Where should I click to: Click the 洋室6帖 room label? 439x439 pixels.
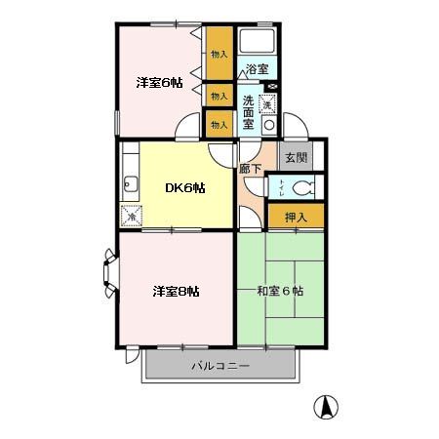click(x=159, y=83)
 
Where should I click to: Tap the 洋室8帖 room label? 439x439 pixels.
click(x=176, y=291)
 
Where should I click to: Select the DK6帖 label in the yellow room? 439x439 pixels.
click(x=183, y=187)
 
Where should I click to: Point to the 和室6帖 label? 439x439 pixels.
click(x=280, y=291)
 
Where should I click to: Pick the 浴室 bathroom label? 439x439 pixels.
click(x=257, y=70)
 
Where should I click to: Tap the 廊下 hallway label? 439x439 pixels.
click(x=251, y=169)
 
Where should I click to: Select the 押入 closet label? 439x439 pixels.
click(x=295, y=217)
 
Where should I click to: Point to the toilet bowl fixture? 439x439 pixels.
click(x=302, y=187)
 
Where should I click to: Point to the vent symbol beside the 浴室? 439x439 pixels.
click(x=271, y=86)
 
